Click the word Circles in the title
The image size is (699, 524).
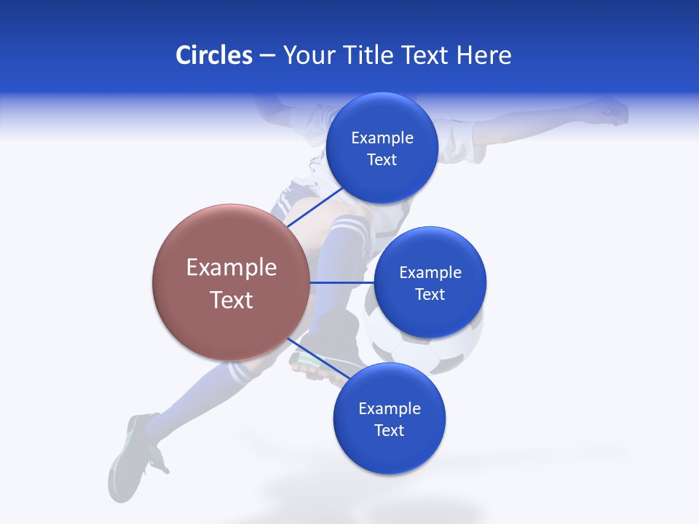pyautogui.click(x=213, y=55)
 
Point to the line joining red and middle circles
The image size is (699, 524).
pyautogui.click(x=341, y=282)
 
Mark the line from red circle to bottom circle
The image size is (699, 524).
pyautogui.click(x=317, y=360)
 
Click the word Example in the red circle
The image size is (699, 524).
pyautogui.click(x=232, y=268)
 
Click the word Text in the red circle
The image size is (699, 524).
pyautogui.click(x=232, y=300)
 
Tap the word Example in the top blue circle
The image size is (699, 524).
pyautogui.click(x=382, y=138)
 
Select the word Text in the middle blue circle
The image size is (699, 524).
pyautogui.click(x=430, y=294)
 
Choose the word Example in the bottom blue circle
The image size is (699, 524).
pyautogui.click(x=390, y=408)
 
